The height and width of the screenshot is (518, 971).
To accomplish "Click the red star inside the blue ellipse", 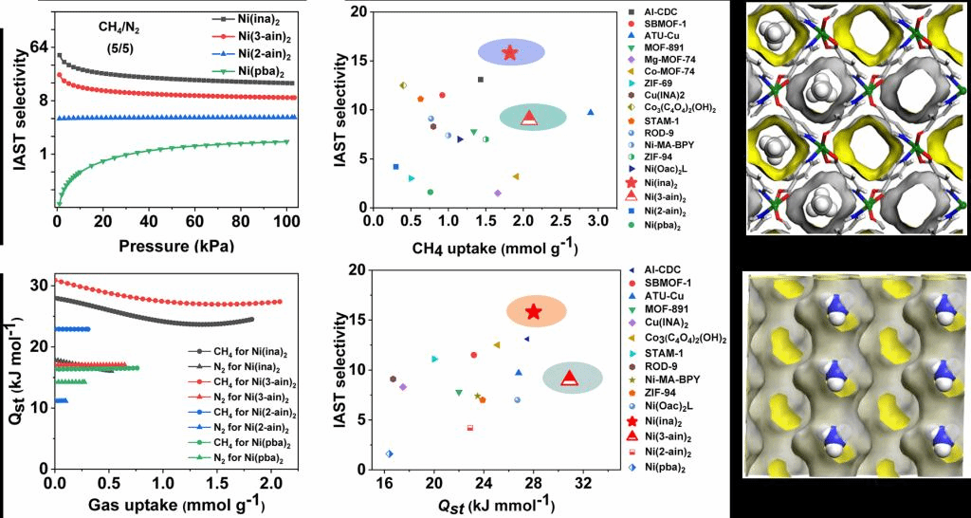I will tap(510, 52).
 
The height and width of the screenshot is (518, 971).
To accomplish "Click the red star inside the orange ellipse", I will tap(534, 312).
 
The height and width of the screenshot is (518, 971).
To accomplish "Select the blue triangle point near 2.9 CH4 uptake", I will tap(591, 112).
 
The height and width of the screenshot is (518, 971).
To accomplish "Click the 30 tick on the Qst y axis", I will tap(38, 285).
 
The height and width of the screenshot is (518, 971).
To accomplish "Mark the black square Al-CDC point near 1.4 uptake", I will tap(481, 80).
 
